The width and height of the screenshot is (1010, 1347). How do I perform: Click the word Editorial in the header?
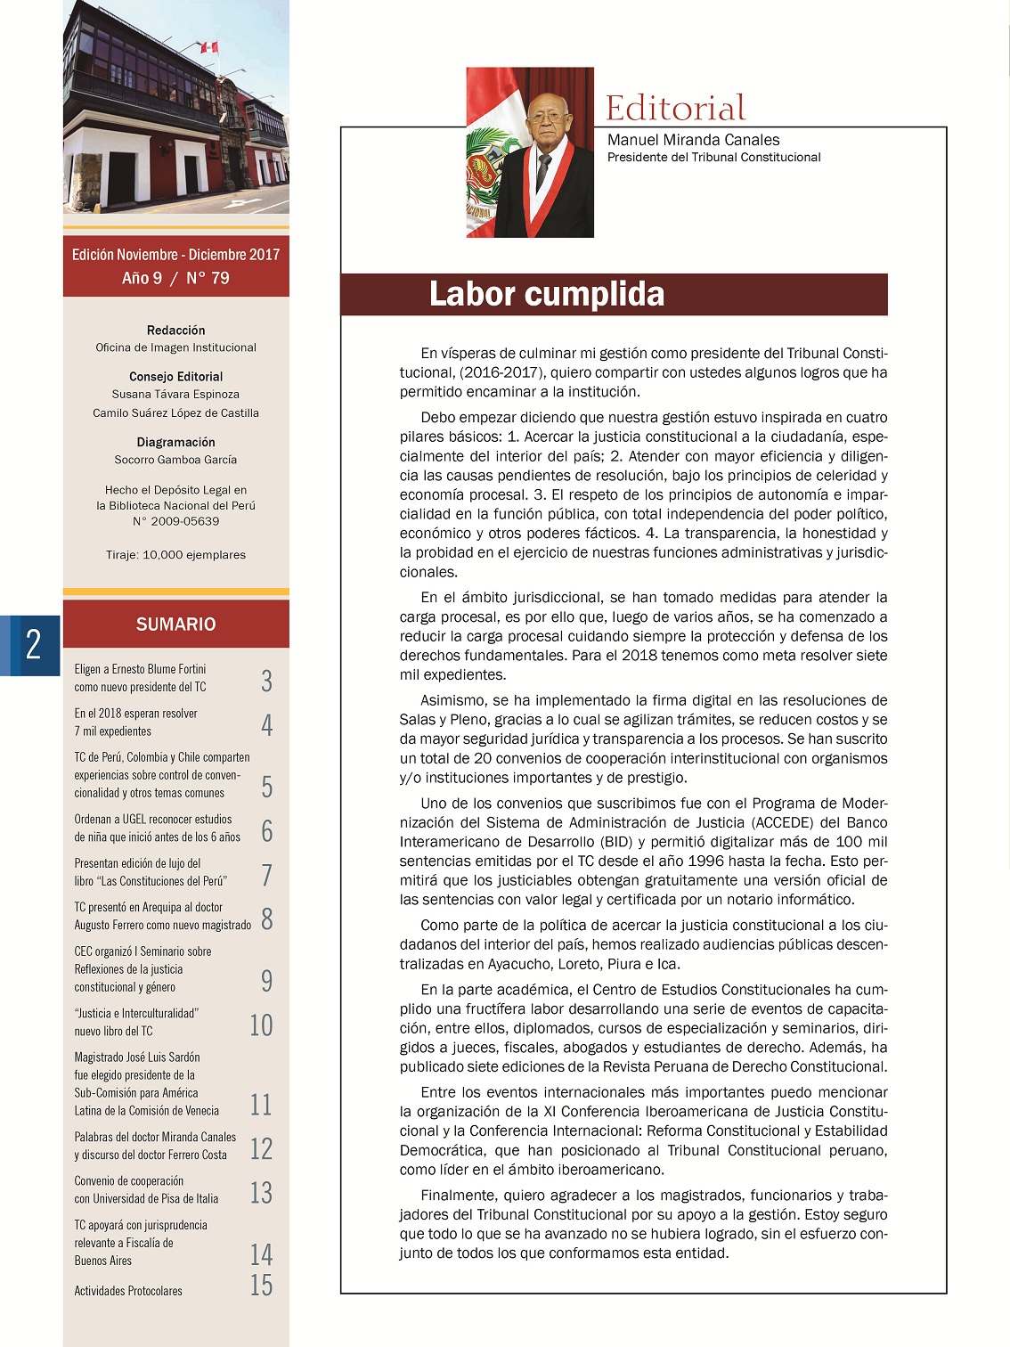tap(675, 109)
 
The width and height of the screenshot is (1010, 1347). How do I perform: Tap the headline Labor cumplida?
tap(546, 294)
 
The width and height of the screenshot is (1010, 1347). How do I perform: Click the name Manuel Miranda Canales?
tap(693, 140)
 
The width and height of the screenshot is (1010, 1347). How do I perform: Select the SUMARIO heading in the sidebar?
tap(175, 625)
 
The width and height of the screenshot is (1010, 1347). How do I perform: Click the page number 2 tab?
tap(33, 644)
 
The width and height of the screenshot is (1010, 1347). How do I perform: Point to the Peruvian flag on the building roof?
tap(209, 47)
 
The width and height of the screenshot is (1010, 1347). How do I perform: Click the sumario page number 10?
tap(261, 1025)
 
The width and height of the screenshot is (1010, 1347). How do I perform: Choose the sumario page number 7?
tap(266, 875)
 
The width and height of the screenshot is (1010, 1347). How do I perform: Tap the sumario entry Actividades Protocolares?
tap(128, 1291)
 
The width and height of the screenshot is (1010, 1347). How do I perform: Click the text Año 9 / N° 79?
tap(175, 278)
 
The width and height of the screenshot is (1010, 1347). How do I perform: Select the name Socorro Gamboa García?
tap(175, 460)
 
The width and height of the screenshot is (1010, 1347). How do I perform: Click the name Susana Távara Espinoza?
tap(175, 394)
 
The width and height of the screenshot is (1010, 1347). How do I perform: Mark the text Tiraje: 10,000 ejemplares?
tap(175, 555)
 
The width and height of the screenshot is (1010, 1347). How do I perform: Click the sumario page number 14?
tap(261, 1254)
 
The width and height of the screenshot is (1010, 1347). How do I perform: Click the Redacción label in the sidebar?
tap(175, 330)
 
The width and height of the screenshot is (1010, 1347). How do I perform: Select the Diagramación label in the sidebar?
tap(175, 442)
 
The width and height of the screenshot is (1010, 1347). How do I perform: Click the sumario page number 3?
tap(266, 681)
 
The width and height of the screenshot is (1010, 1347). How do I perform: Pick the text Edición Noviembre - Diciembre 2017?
tap(175, 255)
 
